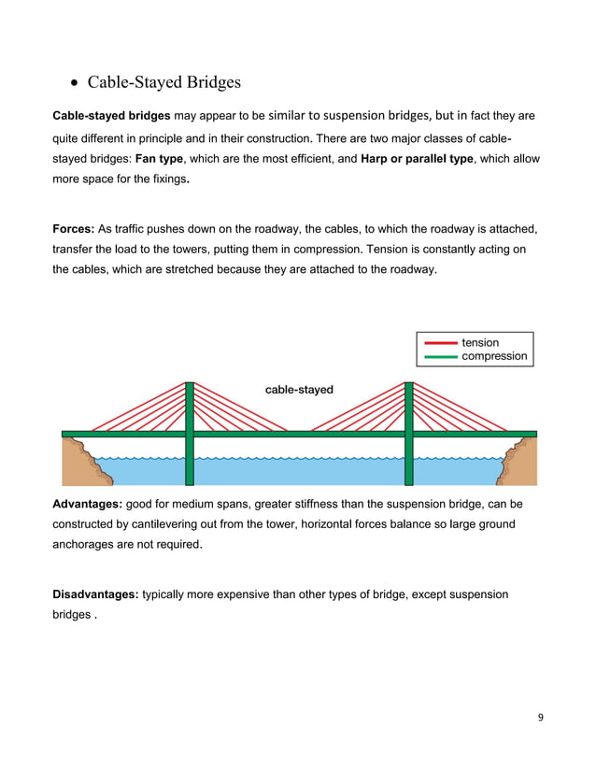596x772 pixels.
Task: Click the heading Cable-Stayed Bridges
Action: (x=163, y=82)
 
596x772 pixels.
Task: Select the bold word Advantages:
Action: (x=92, y=505)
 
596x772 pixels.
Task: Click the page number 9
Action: (x=540, y=717)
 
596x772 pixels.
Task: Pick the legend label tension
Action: (x=480, y=343)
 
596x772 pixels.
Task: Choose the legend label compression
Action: (x=494, y=356)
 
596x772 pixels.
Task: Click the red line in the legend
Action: (x=440, y=343)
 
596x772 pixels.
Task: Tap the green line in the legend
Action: (x=440, y=356)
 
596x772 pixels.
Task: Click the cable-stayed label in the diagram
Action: (x=299, y=390)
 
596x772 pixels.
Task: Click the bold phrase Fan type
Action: (x=160, y=159)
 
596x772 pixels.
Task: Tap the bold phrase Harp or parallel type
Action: (x=418, y=159)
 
